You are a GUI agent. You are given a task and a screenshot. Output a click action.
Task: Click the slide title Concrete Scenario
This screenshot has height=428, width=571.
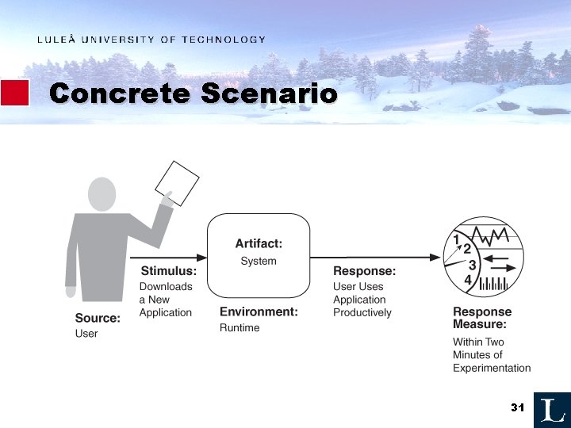tap(193, 94)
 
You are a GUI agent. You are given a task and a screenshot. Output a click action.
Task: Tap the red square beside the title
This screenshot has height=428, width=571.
tap(14, 93)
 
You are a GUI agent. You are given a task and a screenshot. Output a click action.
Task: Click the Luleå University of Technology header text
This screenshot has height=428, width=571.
tap(151, 40)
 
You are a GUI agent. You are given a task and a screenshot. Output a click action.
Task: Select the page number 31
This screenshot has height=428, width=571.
tap(518, 407)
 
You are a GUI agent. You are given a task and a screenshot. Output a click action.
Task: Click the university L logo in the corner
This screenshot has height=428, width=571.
tap(551, 409)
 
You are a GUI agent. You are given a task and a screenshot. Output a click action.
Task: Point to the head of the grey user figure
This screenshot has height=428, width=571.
tap(103, 194)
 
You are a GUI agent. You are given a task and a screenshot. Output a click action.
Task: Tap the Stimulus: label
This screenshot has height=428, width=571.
tap(168, 271)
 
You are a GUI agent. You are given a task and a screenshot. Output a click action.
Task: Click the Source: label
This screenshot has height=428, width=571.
tap(98, 319)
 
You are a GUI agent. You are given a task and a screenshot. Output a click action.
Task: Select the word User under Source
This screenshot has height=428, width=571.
tap(86, 334)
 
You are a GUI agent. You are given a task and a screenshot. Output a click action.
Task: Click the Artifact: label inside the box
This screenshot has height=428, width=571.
tap(259, 244)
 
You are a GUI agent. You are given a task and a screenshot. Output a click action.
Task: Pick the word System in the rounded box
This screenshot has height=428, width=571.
tap(259, 261)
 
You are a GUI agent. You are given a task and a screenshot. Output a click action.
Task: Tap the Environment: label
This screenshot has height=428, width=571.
tap(259, 312)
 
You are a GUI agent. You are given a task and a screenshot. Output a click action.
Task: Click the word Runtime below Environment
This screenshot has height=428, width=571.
tap(240, 328)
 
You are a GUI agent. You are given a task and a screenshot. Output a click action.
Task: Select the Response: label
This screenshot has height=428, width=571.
tap(364, 271)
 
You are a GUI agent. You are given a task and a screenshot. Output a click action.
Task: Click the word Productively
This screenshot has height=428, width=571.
tap(362, 312)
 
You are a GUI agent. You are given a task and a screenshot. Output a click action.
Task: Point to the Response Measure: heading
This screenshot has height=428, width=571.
tap(481, 318)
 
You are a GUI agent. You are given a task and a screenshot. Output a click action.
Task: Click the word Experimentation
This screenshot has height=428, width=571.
tap(492, 368)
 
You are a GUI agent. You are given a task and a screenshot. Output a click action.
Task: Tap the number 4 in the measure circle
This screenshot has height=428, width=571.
tap(468, 280)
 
